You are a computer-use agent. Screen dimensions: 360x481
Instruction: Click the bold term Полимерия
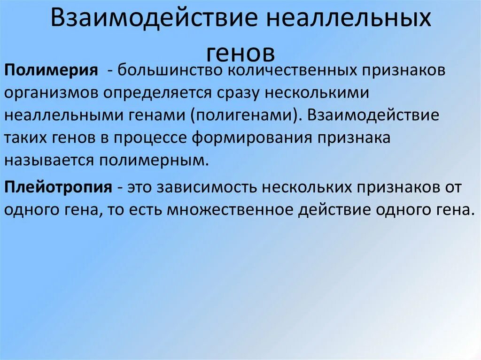(52, 71)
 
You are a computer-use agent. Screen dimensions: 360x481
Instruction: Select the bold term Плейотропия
(59, 187)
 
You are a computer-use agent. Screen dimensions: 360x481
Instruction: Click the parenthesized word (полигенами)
(244, 115)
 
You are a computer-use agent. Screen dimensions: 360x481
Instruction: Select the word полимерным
(153, 160)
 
